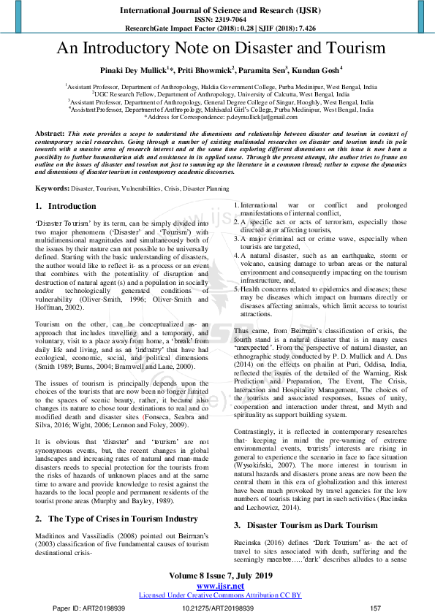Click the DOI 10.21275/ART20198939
[217, 608]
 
